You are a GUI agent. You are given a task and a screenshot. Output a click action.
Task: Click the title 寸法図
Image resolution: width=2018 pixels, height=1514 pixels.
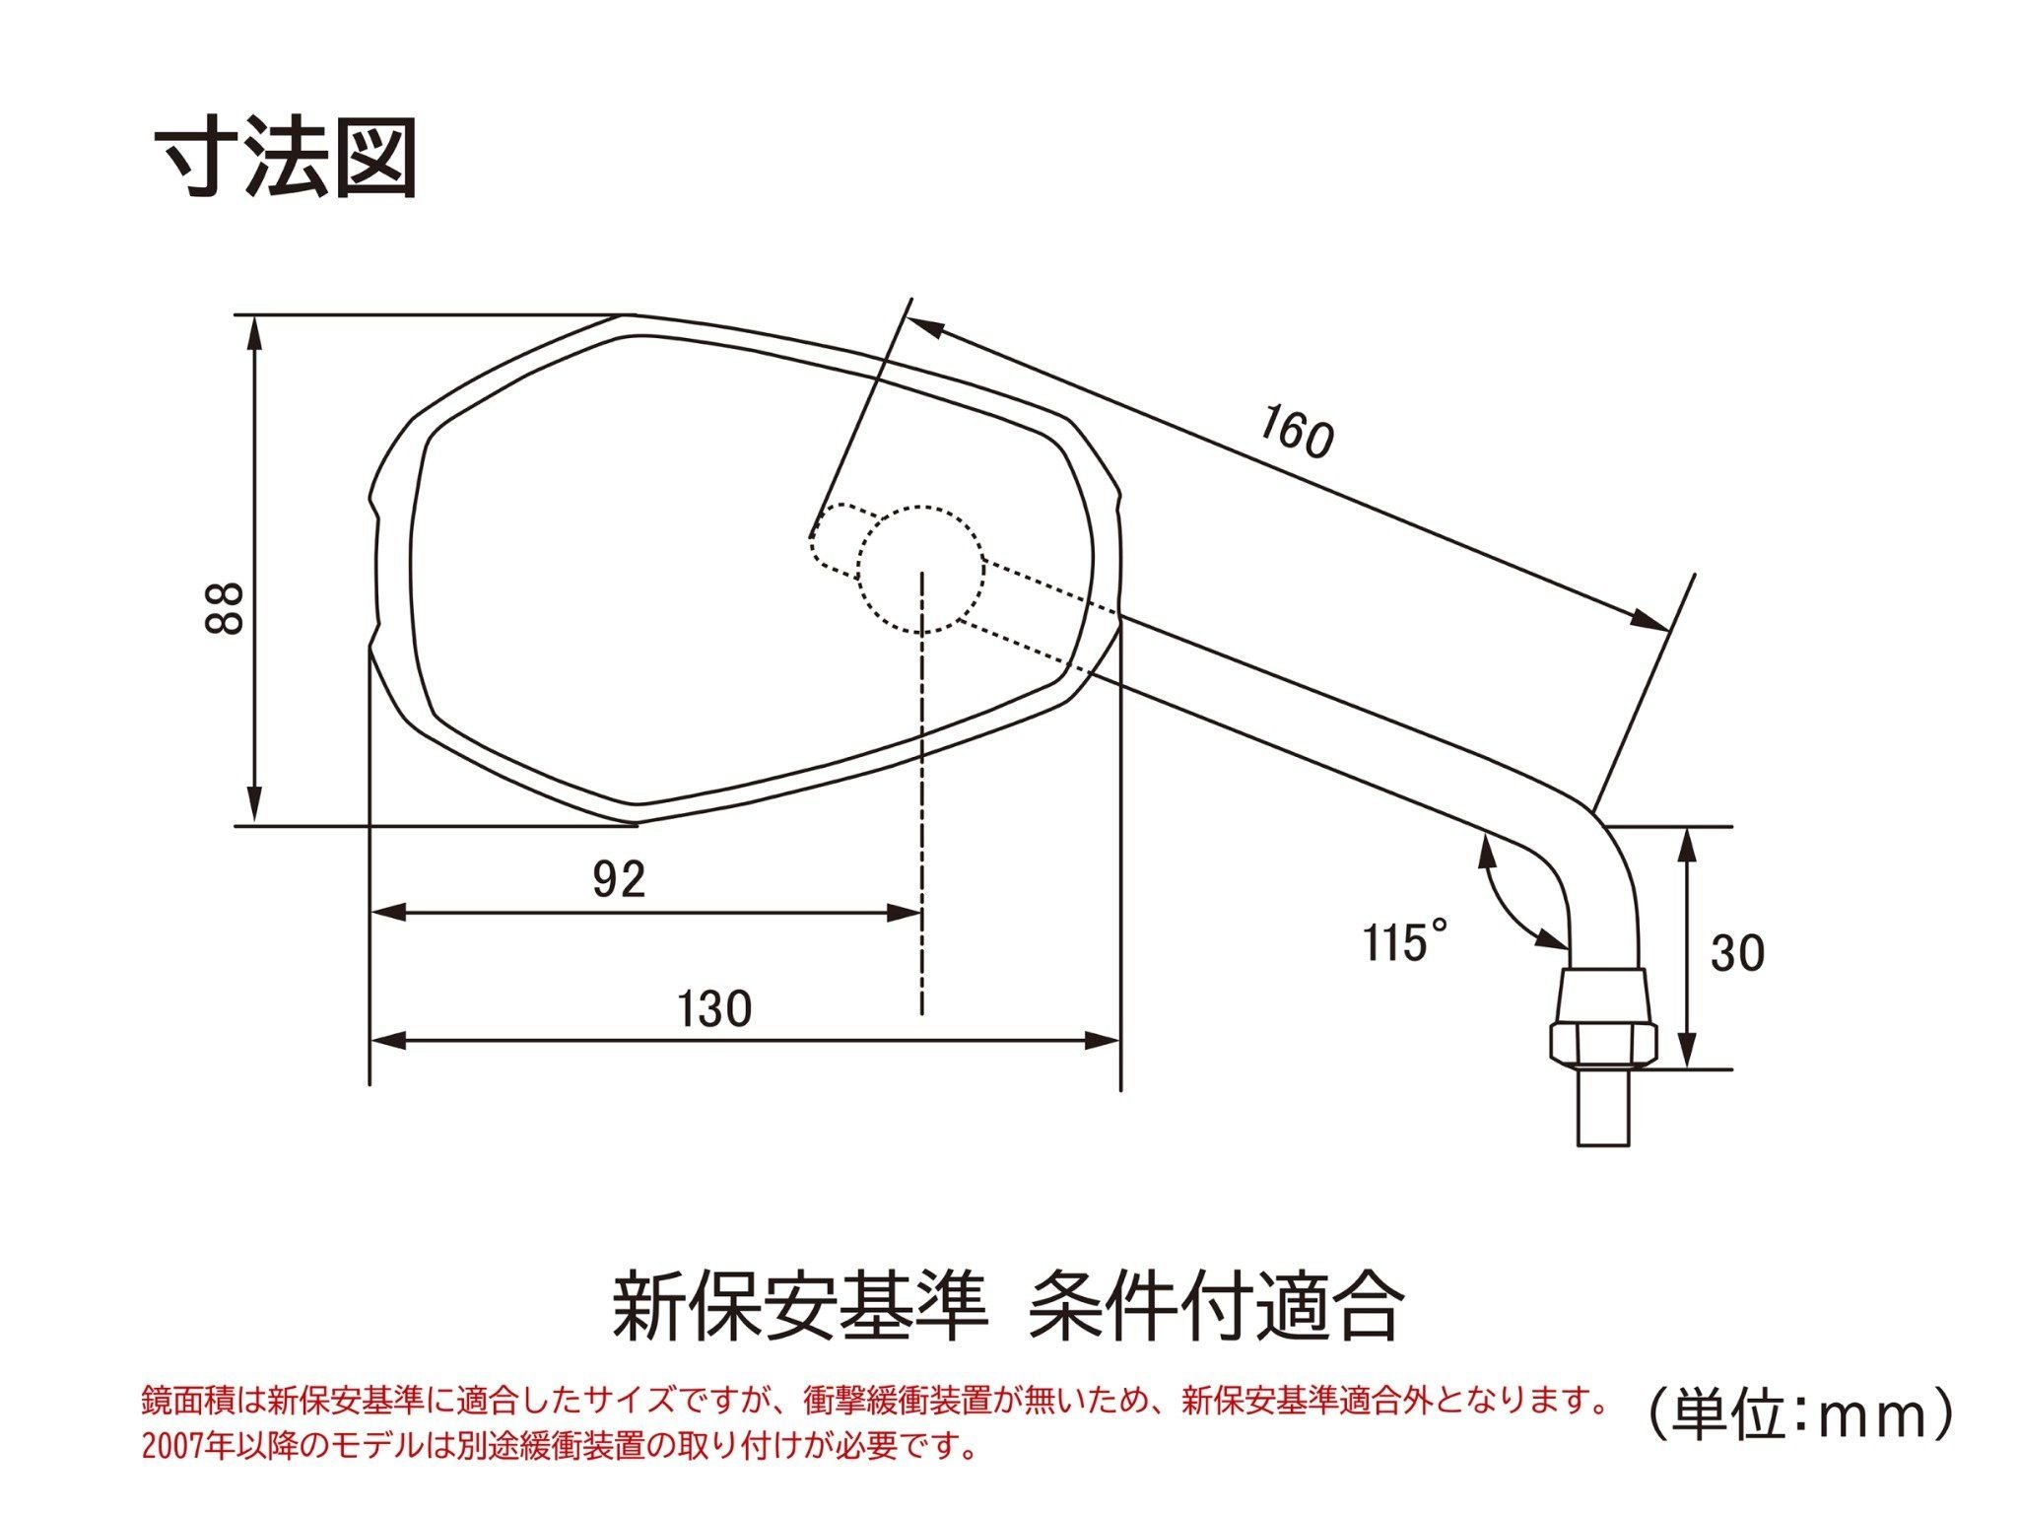coord(286,158)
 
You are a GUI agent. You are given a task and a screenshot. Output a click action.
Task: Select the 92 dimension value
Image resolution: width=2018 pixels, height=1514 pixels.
coord(619,878)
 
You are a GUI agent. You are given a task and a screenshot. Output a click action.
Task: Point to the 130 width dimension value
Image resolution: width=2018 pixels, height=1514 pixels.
coord(715,1008)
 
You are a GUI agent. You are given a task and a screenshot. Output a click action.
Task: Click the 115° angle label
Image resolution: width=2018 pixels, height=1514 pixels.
coord(1406,940)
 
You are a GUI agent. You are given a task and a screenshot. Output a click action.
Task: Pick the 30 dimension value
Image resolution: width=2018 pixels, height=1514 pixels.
coord(1737,953)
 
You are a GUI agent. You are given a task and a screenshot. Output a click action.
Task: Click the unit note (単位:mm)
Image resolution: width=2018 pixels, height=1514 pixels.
coord(1800,1415)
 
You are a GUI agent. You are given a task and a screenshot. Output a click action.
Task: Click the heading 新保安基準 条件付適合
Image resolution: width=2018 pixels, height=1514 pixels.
coord(1006,1307)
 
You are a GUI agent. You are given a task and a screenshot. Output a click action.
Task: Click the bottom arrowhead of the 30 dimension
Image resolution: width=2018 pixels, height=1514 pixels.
coord(1688,1050)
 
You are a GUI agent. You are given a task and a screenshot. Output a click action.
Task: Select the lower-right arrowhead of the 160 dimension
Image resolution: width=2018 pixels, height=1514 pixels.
coord(1652,620)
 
